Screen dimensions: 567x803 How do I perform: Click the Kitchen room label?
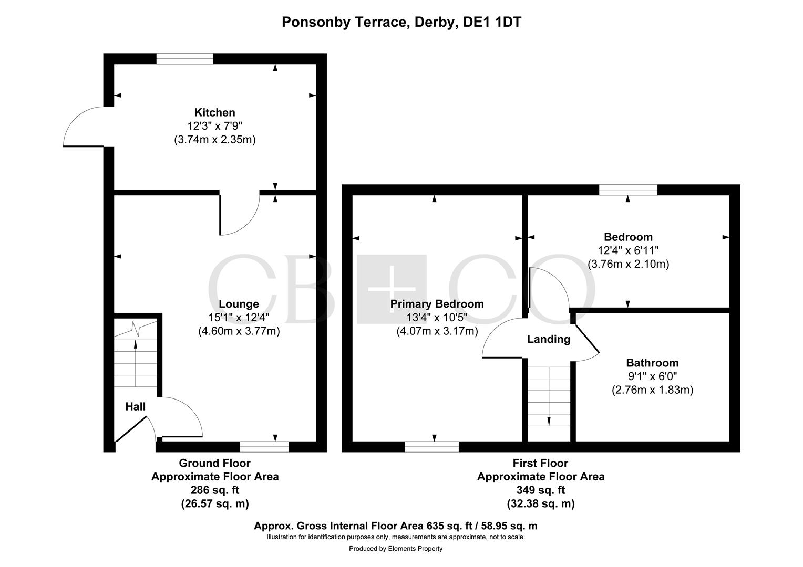(214, 112)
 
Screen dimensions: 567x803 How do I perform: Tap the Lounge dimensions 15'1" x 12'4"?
(239, 318)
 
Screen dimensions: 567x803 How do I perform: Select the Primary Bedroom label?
(437, 304)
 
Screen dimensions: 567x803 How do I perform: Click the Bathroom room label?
(652, 363)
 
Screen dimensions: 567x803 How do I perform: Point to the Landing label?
(548, 339)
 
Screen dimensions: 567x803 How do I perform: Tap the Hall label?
(135, 406)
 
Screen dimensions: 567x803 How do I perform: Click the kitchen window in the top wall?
(184, 58)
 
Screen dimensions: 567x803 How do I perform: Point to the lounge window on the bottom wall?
(264, 447)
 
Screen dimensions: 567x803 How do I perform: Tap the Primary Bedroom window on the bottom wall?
(431, 447)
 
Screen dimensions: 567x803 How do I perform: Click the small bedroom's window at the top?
(628, 190)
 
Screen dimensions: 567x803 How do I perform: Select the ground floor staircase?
(136, 357)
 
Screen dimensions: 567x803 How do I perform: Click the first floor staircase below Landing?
(549, 396)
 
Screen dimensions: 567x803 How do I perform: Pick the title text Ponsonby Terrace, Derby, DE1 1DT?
(401, 22)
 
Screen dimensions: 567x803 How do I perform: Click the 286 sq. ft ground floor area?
(214, 490)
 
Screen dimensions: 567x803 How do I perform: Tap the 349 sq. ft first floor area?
(540, 490)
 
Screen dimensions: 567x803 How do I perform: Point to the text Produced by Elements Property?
(396, 549)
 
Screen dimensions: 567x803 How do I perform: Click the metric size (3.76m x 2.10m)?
(628, 264)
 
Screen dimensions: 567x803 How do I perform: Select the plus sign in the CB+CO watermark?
(392, 289)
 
